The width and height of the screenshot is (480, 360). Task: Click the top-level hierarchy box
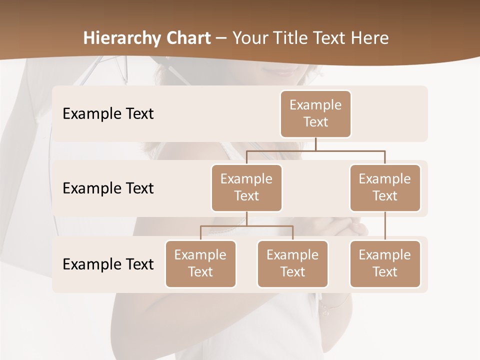pos(315,113)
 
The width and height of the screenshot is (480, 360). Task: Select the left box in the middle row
pos(246,187)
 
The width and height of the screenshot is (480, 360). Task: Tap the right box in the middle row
pos(385,187)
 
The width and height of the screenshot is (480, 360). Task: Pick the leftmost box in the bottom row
pos(200,263)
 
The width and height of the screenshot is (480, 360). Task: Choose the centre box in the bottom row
pos(292,263)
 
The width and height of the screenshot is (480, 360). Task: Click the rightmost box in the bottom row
pos(385,263)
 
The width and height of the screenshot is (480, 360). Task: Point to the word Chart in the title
pos(186,38)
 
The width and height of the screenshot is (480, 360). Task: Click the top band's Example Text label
pos(108,114)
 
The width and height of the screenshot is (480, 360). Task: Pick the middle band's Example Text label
pos(108,188)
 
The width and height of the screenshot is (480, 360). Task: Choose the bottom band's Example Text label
pos(108,264)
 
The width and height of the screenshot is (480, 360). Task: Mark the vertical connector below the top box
pos(315,144)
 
